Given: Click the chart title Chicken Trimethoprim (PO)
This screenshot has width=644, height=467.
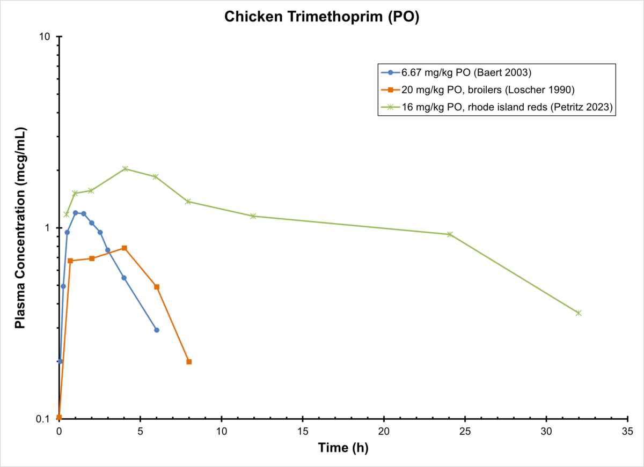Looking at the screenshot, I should click(321, 17).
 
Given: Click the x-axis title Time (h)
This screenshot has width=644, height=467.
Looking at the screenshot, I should click(343, 448).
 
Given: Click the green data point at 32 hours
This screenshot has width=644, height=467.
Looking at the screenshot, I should click(579, 313).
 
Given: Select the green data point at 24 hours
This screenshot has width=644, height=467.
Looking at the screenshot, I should click(450, 234).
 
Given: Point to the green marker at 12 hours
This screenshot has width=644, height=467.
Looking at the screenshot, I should click(253, 216).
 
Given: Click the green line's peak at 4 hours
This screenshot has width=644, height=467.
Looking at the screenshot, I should click(125, 168).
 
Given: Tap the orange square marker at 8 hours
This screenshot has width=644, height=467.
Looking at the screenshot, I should click(189, 361).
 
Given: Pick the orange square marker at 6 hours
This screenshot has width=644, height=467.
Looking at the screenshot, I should click(157, 287).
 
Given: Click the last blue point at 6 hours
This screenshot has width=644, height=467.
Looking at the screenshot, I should click(157, 330).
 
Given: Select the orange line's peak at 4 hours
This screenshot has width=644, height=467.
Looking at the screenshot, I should click(125, 248).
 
